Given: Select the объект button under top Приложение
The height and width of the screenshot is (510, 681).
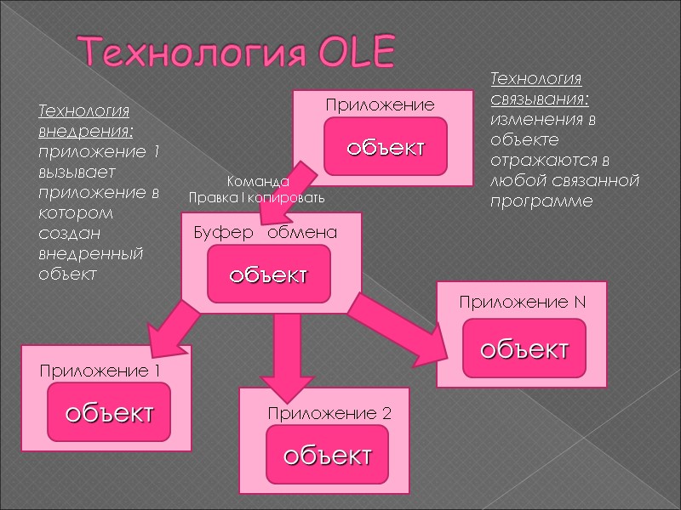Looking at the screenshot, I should pyautogui.click(x=384, y=147).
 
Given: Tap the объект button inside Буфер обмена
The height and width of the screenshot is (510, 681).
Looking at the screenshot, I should pyautogui.click(x=268, y=275).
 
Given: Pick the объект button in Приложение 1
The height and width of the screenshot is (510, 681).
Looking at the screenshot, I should pyautogui.click(x=109, y=413).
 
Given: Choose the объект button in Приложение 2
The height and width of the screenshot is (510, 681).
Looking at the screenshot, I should pyautogui.click(x=327, y=456).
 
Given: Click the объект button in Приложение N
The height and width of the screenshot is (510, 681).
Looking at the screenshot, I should pyautogui.click(x=524, y=348).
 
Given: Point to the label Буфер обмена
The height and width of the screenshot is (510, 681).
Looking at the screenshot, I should pyautogui.click(x=265, y=232).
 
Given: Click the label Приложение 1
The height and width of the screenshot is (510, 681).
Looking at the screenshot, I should pyautogui.click(x=100, y=371).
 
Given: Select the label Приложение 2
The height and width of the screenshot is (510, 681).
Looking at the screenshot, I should pyautogui.click(x=329, y=414).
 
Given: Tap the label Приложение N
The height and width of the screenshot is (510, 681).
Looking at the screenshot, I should pyautogui.click(x=522, y=302).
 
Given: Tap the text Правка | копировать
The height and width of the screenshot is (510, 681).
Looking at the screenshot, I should pyautogui.click(x=256, y=197).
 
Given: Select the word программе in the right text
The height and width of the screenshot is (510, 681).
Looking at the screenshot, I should pyautogui.click(x=540, y=201).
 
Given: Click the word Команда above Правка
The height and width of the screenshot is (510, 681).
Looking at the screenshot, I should pyautogui.click(x=258, y=181).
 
